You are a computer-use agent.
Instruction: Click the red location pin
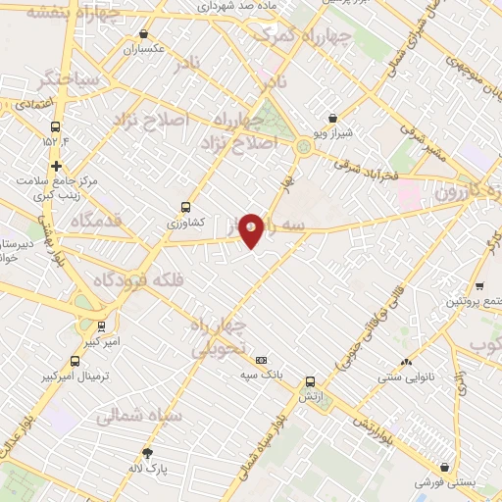click(251, 230)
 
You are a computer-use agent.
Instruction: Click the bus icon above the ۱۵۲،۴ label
click(53, 127)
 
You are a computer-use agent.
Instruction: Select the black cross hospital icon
click(58, 166)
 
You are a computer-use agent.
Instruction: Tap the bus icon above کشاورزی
click(185, 207)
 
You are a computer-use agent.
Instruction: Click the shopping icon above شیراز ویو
click(331, 116)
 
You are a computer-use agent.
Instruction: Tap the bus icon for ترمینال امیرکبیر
click(76, 360)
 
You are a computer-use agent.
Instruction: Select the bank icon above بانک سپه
click(261, 359)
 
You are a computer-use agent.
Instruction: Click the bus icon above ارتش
click(310, 381)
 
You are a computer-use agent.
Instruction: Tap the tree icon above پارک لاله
click(148, 452)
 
